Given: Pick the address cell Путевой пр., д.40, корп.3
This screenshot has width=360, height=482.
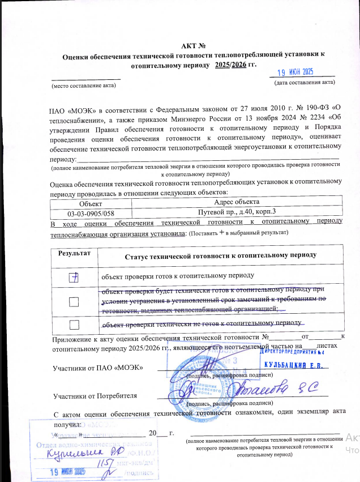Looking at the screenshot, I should click(x=237, y=213).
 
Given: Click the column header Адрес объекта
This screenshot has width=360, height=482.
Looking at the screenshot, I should click(x=237, y=203).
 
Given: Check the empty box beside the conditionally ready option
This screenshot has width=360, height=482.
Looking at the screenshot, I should click(x=74, y=302).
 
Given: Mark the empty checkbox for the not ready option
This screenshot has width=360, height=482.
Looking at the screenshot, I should click(x=74, y=324).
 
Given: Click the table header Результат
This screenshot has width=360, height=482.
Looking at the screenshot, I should click(x=72, y=254).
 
